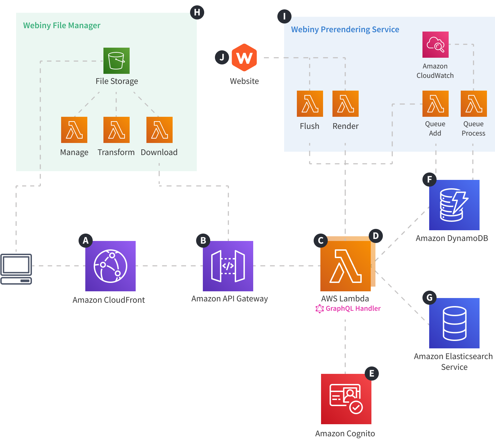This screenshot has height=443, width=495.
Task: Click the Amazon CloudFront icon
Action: [x=110, y=266]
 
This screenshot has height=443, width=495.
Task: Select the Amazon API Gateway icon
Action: [x=228, y=266]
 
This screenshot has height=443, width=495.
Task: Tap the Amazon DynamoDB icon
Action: [x=454, y=205]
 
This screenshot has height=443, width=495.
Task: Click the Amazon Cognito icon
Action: [x=346, y=399]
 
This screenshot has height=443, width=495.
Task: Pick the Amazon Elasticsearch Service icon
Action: [x=454, y=323]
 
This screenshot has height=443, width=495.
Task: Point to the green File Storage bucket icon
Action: [x=117, y=61]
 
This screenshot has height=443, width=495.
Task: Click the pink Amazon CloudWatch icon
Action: [x=436, y=45]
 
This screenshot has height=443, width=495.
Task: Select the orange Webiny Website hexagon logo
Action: [x=244, y=57]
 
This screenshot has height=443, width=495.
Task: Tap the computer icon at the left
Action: [x=16, y=269]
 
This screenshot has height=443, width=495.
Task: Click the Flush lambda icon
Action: [x=310, y=104]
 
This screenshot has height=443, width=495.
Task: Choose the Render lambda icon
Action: [x=346, y=104]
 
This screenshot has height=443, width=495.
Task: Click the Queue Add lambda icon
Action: [x=436, y=104]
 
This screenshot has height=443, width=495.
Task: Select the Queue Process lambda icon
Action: [x=474, y=104]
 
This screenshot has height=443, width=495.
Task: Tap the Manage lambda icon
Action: [x=74, y=130]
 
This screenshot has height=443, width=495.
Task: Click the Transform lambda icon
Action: [x=117, y=130]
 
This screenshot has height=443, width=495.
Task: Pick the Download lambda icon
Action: [x=160, y=130]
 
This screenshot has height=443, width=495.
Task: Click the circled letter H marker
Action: [x=197, y=12]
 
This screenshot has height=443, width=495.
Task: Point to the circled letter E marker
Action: [x=372, y=374]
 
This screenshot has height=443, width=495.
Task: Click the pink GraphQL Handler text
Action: [x=353, y=308]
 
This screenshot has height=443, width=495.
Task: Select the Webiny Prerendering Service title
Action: [x=345, y=30]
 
